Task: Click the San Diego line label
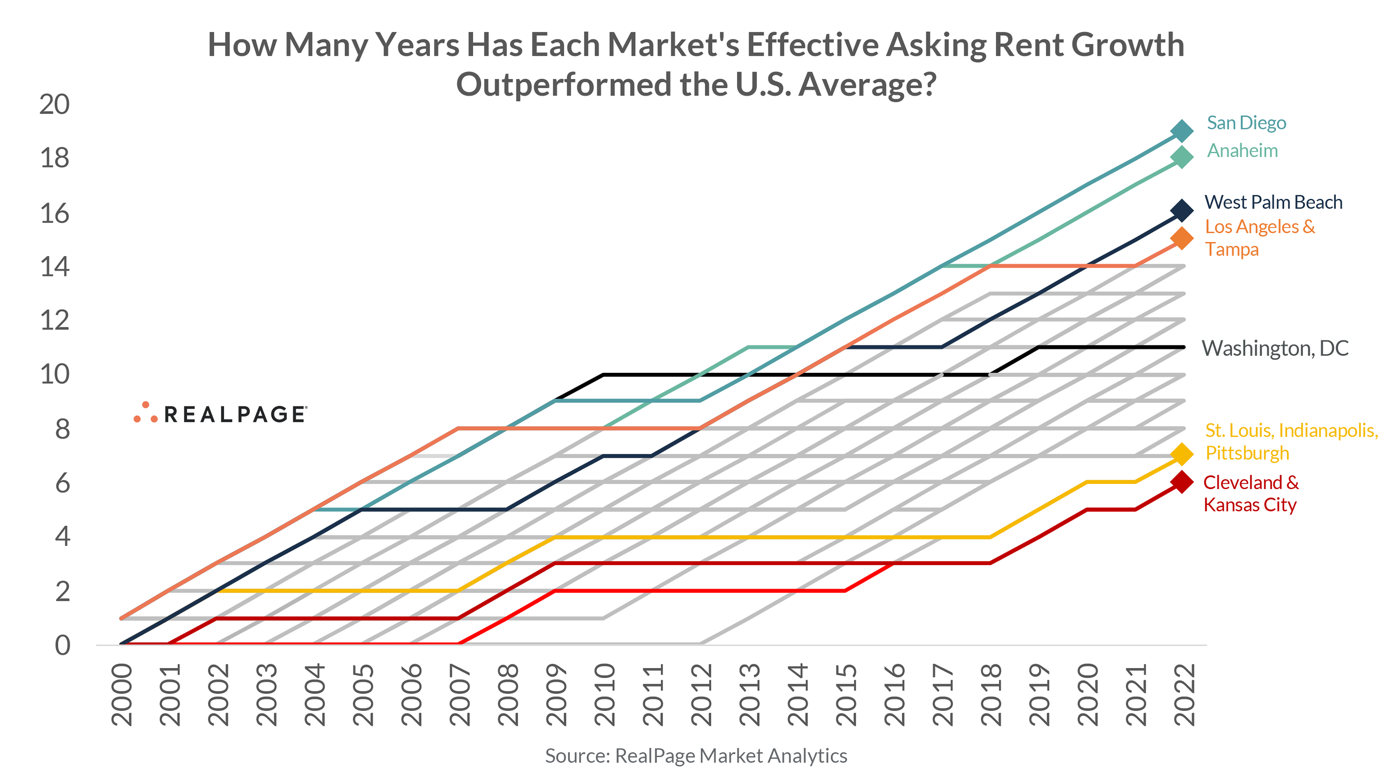[x=1246, y=123]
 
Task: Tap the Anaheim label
[x=1242, y=151]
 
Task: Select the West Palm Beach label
[x=1273, y=202]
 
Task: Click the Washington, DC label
[x=1275, y=349]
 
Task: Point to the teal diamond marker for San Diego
[x=1182, y=131]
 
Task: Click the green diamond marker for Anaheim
[x=1182, y=158]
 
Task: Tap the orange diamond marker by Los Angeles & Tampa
[x=1182, y=238]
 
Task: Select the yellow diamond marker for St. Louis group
[x=1182, y=454]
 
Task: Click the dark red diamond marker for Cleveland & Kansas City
[x=1182, y=481]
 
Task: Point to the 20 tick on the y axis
[x=55, y=104]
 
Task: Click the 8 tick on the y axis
[x=62, y=429]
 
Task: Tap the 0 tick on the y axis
[x=62, y=646]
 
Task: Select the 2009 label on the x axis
[x=556, y=694]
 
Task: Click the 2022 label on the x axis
[x=1184, y=694]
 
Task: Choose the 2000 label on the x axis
[x=122, y=694]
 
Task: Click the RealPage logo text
[x=234, y=415]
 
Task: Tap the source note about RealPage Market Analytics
[x=696, y=756]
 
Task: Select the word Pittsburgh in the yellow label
[x=1247, y=453]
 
